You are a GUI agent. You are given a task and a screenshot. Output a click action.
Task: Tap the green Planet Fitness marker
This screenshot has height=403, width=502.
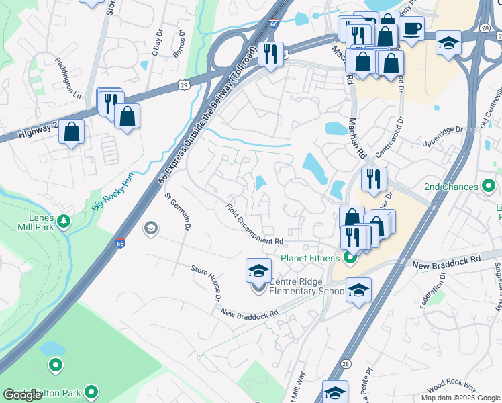click(x=349, y=257)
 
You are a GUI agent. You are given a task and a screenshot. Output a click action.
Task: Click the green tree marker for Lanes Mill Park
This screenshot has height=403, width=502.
click(x=64, y=220)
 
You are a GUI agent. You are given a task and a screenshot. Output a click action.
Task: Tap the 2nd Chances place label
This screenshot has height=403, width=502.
click(x=451, y=187)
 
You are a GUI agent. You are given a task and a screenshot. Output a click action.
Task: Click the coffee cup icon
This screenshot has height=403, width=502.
click(x=411, y=28)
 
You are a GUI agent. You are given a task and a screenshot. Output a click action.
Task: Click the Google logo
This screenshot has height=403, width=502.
click(x=23, y=394)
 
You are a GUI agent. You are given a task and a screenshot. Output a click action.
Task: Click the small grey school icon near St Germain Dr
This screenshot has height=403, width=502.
click(x=151, y=229)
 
